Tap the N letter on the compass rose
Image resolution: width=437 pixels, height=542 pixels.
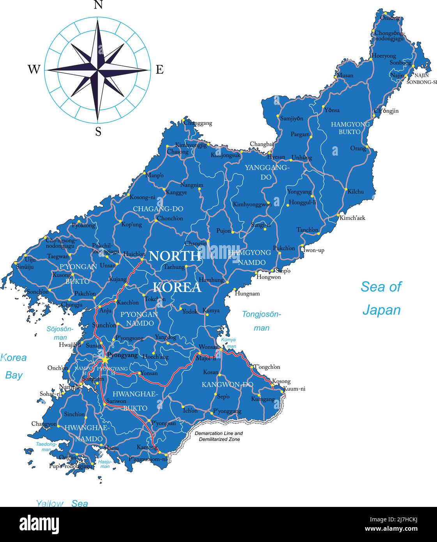(98, 5)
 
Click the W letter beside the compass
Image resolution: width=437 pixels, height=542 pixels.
(34, 70)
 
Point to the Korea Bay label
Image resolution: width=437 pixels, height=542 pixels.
(13, 366)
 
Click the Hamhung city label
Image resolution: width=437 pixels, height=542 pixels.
(211, 280)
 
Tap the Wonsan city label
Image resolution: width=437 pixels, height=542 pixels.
(209, 347)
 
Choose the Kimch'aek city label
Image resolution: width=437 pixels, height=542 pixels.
(352, 218)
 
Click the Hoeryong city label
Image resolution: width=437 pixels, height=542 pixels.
(384, 56)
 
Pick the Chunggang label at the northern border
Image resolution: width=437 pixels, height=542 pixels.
(198, 123)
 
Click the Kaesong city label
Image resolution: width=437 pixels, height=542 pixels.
(147, 447)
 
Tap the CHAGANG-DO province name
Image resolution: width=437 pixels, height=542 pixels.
(158, 209)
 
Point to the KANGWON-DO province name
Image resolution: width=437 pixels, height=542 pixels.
(227, 384)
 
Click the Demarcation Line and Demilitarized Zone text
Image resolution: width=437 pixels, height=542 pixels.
(219, 436)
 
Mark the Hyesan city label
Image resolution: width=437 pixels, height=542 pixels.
(276, 157)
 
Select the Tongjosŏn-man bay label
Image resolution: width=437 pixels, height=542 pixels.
(261, 321)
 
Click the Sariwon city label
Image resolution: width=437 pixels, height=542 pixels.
(116, 401)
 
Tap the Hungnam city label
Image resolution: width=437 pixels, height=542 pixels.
(247, 294)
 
